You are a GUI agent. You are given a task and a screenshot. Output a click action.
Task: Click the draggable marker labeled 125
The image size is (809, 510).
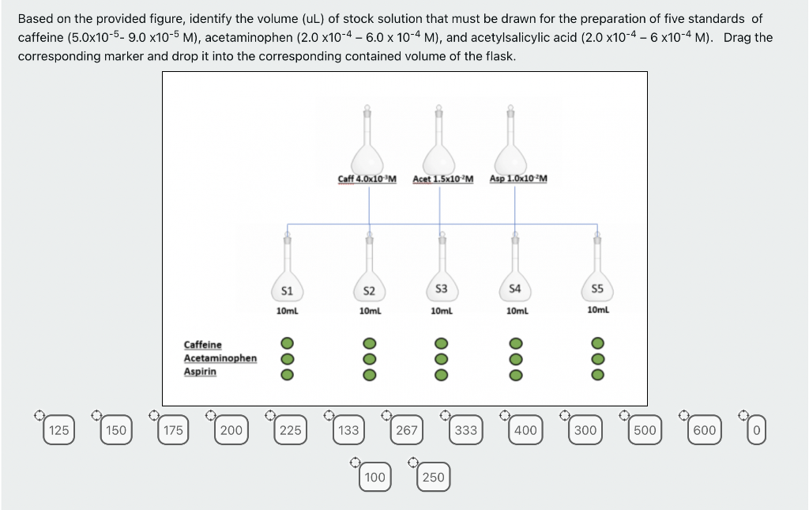[58, 430]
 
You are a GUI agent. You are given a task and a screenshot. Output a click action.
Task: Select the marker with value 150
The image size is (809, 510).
[116, 430]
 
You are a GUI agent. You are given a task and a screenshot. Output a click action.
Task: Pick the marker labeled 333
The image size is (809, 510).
[466, 430]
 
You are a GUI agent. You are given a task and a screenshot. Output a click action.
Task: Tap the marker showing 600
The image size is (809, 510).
[704, 430]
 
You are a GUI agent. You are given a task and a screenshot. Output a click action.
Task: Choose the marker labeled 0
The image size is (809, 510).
[756, 430]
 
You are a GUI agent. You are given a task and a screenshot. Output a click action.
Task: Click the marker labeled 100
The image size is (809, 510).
[375, 477]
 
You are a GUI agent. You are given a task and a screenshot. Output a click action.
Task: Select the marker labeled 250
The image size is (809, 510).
[433, 477]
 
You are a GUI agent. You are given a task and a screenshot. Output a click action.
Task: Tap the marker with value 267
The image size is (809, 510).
[406, 430]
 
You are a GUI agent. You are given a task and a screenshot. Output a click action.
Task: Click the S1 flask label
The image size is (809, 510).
[287, 291]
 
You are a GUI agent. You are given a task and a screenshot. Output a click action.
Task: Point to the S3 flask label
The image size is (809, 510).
[442, 289]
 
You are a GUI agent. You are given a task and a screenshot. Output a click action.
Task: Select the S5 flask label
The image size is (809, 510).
[596, 289]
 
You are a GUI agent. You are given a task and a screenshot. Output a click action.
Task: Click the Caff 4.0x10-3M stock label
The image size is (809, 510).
[367, 179]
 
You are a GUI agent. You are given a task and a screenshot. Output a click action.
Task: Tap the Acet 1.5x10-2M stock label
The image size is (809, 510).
[442, 179]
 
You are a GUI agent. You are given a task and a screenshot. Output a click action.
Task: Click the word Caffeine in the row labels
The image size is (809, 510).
[203, 345]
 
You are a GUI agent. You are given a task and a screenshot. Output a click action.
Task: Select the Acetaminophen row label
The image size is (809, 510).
[220, 358]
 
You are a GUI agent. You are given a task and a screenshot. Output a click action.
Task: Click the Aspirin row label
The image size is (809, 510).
[200, 372]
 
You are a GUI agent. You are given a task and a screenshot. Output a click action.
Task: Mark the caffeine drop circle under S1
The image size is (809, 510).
[288, 345]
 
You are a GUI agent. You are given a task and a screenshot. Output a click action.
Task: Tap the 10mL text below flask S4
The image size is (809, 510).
[517, 312]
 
